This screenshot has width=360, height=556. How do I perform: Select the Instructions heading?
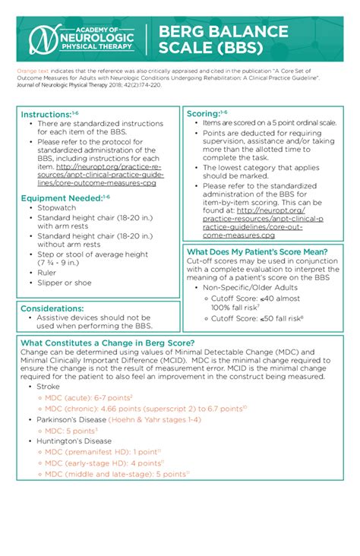tap(49, 113)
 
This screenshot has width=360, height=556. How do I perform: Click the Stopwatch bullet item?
tap(57, 207)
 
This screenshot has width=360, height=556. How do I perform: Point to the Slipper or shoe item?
tap(65, 283)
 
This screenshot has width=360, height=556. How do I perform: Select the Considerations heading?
tap(52, 308)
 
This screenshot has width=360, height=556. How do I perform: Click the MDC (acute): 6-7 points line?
tap(88, 397)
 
